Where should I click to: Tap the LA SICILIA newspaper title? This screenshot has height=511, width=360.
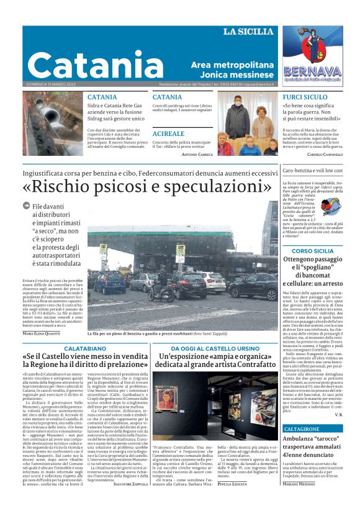click(247, 32)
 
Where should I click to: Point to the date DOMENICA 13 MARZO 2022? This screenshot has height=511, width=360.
click(52, 84)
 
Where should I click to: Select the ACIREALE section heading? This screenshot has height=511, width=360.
click(168, 133)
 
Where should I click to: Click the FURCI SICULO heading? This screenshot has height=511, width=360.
click(305, 97)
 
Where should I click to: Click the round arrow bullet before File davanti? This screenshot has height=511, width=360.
click(26, 206)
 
